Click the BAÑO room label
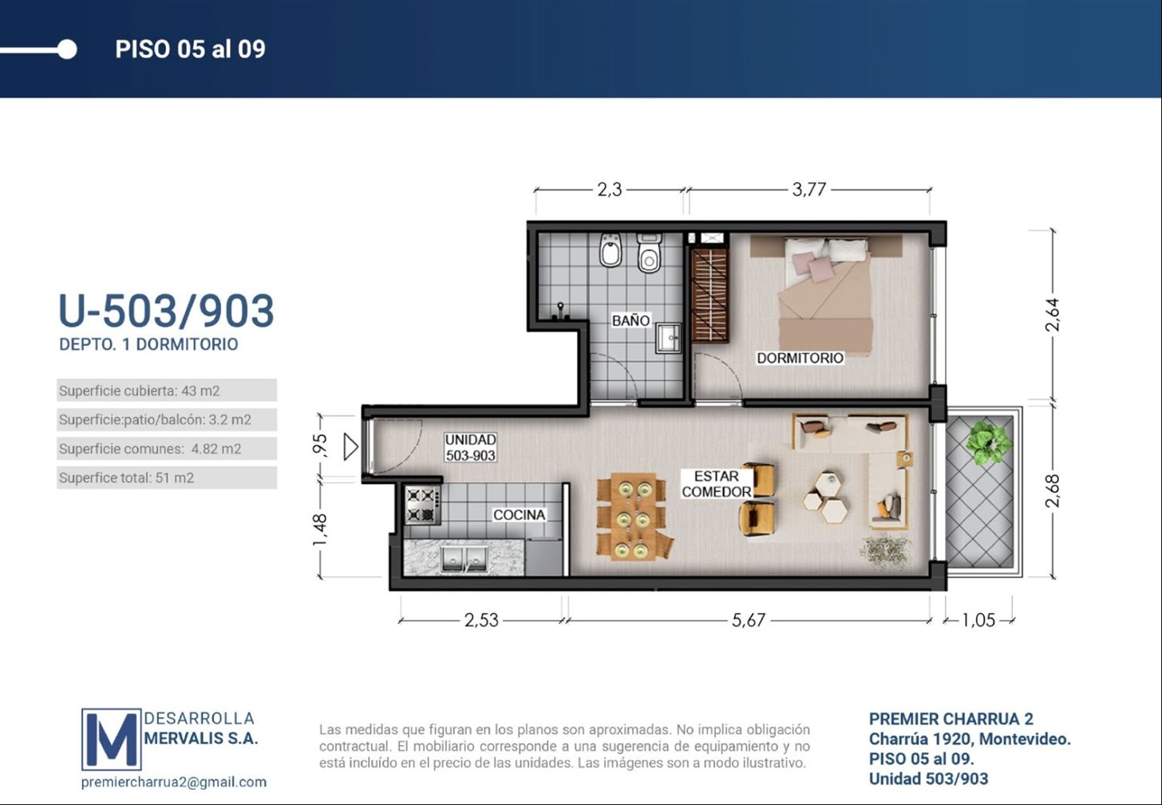coord(630,320)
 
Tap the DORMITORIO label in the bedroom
coord(800,358)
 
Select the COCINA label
coord(519,515)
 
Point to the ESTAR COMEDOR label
coord(717,484)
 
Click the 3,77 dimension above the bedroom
coord(808,189)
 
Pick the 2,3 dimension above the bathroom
coord(609,189)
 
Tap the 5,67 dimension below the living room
coord(748,620)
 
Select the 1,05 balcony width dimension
coord(978,620)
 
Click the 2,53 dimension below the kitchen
coord(481,620)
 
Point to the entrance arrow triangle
coord(350,446)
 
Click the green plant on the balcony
coord(988,442)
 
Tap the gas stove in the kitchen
coord(423,505)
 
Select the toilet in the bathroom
coord(649,253)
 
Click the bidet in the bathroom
coord(611,250)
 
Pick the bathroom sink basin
coord(668,339)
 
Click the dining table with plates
coord(633,516)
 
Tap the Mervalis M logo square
coord(112,739)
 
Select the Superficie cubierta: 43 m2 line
coord(139,391)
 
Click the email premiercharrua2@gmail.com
coord(174,782)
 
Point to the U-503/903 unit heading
coord(167,311)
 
